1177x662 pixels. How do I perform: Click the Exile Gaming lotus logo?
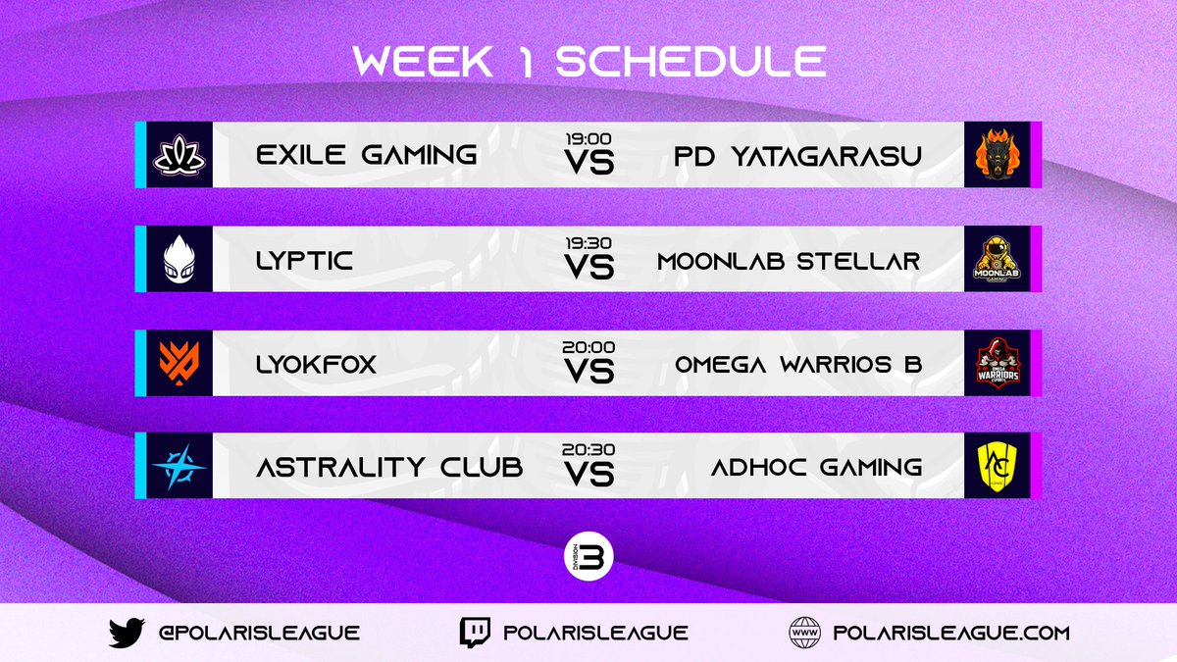click(x=179, y=155)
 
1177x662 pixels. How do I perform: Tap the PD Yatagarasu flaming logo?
click(x=997, y=155)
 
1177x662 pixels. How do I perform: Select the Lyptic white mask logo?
click(x=179, y=259)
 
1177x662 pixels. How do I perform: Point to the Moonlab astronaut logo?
click(x=997, y=259)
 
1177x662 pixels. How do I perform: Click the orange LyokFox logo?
click(x=179, y=363)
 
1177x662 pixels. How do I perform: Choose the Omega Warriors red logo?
click(x=997, y=363)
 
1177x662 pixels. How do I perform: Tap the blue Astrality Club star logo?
click(x=179, y=467)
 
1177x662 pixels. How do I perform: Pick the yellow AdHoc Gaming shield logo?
click(x=997, y=467)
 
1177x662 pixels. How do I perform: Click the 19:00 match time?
click(x=588, y=139)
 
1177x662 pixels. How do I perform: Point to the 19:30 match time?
click(x=588, y=243)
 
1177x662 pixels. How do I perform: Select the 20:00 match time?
click(x=588, y=347)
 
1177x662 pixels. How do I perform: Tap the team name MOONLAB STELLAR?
click(x=789, y=260)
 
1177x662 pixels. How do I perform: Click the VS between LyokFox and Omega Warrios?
click(x=588, y=371)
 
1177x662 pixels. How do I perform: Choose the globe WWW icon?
click(x=804, y=633)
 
